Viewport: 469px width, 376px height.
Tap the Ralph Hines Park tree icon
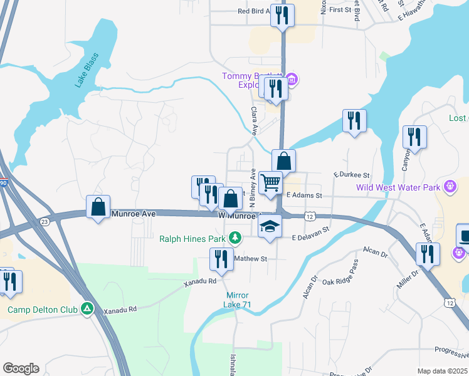[234, 238]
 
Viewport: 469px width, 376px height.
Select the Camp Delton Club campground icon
[88, 309]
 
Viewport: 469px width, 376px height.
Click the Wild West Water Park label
[398, 187]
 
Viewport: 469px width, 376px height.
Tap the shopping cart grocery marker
[270, 183]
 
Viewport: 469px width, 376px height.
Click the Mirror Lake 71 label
[238, 300]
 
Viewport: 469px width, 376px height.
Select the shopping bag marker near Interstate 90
[98, 207]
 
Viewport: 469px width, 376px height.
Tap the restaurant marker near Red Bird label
[282, 14]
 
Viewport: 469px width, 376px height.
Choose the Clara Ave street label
[255, 121]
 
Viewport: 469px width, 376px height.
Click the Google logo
[21, 368]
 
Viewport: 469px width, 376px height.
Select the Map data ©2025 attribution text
[441, 371]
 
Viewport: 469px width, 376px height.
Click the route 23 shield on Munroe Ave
[44, 221]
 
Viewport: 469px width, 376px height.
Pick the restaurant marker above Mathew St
[221, 258]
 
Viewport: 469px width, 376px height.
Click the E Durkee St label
[352, 175]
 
